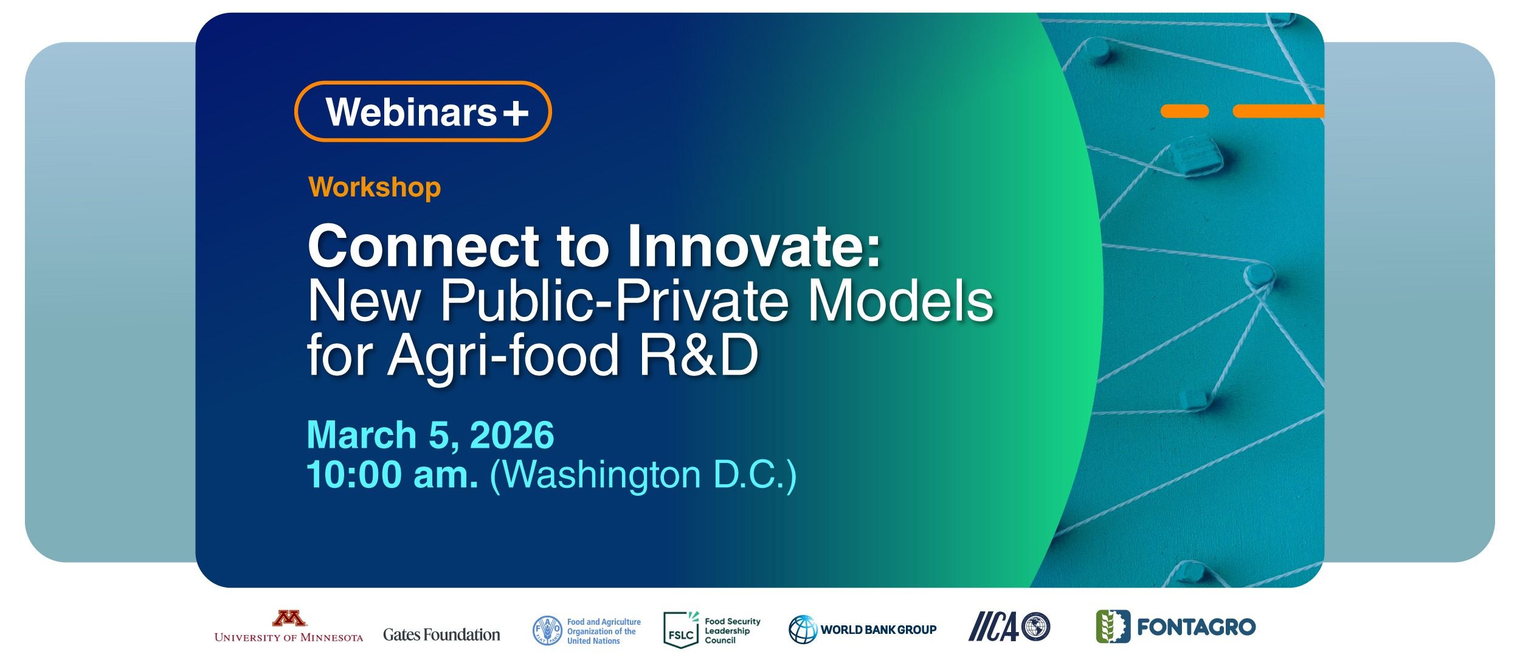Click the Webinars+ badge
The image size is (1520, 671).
point(423,111)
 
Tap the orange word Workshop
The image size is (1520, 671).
point(375,187)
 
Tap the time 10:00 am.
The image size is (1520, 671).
point(392,475)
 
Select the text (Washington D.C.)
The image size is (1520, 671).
point(643,476)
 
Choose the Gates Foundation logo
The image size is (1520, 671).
point(441,634)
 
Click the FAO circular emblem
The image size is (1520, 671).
point(547,631)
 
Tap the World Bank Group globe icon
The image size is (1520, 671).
point(803,630)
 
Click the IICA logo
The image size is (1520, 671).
point(1009,627)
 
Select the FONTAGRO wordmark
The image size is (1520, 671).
point(1196,627)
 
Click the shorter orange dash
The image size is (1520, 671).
point(1184,111)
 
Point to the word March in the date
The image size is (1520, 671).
point(362,434)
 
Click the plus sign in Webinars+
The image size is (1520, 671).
point(516,113)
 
